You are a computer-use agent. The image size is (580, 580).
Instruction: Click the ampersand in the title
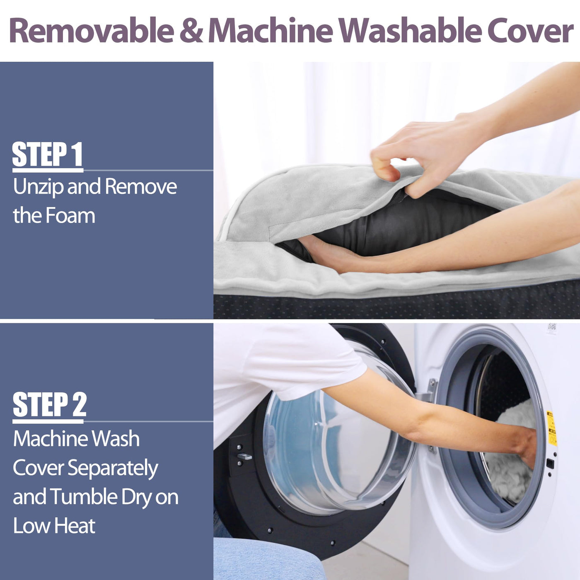[x=191, y=31]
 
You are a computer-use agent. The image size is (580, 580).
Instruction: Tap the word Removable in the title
[x=92, y=30]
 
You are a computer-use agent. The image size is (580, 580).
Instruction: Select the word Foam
[x=70, y=216]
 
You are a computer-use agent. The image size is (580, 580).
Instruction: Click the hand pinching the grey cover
[x=428, y=154]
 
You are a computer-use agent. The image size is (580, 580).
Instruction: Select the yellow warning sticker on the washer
[x=551, y=428]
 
